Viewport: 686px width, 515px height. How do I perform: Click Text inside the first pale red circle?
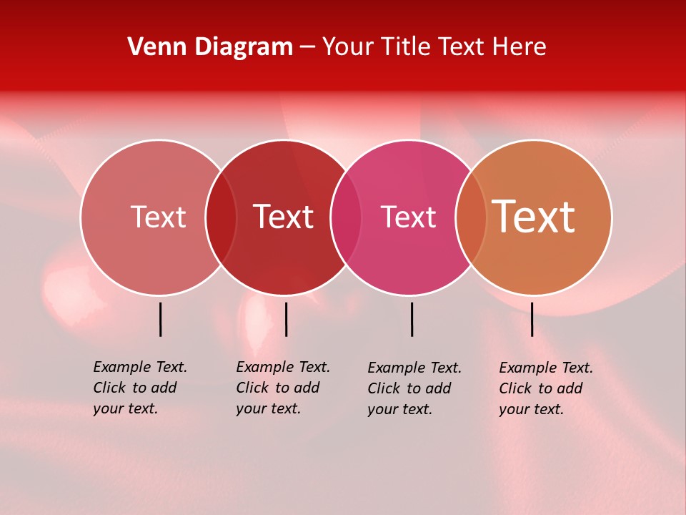click(x=158, y=217)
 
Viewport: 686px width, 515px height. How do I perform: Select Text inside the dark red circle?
click(x=283, y=217)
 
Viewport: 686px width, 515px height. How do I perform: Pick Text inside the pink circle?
click(x=408, y=217)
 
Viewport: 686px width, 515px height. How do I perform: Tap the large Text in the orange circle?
click(x=534, y=217)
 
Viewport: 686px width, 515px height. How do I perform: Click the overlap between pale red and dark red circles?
click(x=221, y=217)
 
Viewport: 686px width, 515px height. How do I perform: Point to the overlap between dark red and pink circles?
click(x=346, y=217)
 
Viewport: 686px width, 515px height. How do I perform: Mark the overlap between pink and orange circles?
click(x=471, y=217)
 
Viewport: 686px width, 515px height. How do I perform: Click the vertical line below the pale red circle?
click(x=161, y=319)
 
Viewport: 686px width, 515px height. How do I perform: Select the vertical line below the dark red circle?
click(x=286, y=319)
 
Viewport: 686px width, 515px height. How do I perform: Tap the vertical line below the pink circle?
click(x=412, y=319)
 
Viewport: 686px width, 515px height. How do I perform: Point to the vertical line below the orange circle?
click(x=532, y=319)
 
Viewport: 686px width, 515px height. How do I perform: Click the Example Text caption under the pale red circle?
click(x=139, y=388)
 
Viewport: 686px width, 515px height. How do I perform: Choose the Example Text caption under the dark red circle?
click(x=282, y=388)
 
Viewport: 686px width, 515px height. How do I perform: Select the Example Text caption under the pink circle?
click(x=414, y=388)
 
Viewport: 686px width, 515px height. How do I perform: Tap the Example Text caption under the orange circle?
click(x=545, y=388)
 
